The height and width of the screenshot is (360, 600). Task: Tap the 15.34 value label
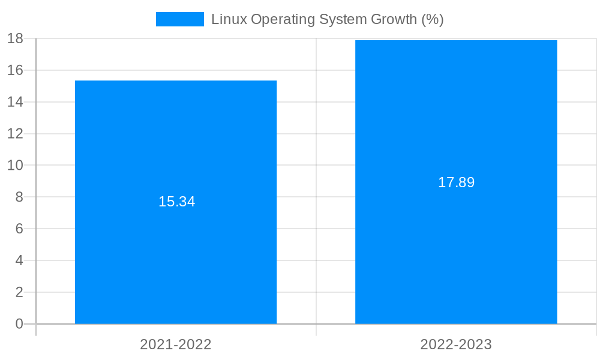(176, 202)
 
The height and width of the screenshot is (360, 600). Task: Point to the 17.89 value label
(456, 182)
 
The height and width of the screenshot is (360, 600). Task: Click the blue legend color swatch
(179, 19)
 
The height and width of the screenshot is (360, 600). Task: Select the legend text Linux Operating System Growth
(327, 19)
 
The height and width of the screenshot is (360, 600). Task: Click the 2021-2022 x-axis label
(176, 344)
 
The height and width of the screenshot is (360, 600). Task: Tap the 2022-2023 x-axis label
(456, 344)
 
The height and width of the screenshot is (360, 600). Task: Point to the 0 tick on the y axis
(19, 324)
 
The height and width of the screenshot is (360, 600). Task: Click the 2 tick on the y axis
(19, 292)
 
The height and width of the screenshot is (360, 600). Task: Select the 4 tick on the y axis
(19, 260)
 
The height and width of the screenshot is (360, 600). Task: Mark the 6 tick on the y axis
(19, 229)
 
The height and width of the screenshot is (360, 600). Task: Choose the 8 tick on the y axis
(19, 197)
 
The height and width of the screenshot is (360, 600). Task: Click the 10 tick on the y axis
(15, 165)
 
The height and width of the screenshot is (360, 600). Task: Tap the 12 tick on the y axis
(15, 134)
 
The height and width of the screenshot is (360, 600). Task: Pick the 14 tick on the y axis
(15, 102)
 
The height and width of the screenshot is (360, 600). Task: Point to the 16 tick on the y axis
(15, 70)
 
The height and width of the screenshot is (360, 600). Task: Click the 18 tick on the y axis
(15, 38)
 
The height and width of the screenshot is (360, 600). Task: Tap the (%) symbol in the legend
(432, 19)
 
